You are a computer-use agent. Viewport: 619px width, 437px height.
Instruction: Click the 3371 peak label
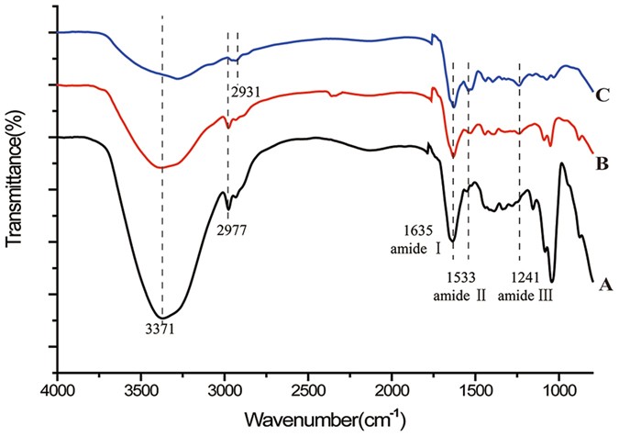click(x=161, y=327)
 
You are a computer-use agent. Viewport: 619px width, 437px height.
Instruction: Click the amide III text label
click(x=525, y=296)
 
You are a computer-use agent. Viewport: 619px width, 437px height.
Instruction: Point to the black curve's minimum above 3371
click(x=162, y=313)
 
